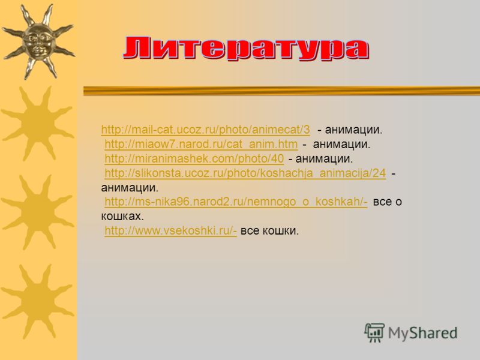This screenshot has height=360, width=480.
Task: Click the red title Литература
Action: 246,48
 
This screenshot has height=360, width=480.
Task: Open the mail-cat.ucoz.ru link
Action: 205,130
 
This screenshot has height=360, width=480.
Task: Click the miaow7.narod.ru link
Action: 201,144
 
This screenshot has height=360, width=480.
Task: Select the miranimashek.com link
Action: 194,158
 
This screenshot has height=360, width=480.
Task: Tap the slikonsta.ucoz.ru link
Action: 245,173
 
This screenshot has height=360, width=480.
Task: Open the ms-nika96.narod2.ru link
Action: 236,202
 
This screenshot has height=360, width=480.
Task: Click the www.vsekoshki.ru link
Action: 171,230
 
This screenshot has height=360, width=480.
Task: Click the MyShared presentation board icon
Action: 374,332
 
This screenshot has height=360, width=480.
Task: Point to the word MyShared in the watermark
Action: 422,333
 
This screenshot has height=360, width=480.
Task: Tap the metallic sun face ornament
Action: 38,42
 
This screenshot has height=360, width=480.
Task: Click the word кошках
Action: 122,217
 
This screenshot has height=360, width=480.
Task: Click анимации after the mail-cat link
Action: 353,130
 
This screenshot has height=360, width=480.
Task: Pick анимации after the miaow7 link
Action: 341,144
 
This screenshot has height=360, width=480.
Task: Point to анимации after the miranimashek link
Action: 324,158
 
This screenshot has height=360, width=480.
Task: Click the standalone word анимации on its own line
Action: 130,188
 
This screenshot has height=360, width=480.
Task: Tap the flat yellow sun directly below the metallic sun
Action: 38,124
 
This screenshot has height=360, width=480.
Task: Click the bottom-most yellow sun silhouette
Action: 38,302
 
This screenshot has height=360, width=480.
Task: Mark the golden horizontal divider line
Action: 281,91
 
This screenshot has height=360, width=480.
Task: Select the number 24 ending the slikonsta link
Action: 379,173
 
